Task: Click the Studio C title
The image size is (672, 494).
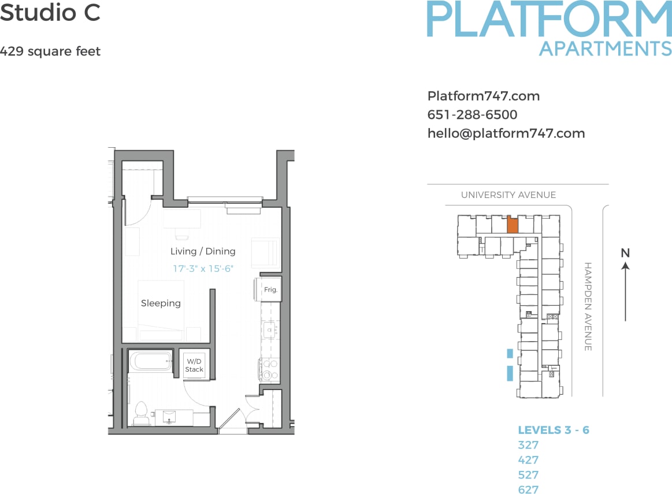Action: [x=50, y=13]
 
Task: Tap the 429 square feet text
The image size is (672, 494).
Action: [x=50, y=51]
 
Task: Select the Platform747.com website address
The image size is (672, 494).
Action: [x=484, y=96]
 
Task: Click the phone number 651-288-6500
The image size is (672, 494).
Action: [x=472, y=115]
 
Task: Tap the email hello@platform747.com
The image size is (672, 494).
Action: [x=506, y=133]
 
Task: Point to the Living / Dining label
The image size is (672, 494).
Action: [x=203, y=251]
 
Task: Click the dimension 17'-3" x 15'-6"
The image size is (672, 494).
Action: [x=203, y=268]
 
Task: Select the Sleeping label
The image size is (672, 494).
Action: [x=161, y=303]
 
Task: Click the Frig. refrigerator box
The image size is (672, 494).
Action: [x=270, y=290]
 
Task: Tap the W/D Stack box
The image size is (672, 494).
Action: [x=194, y=365]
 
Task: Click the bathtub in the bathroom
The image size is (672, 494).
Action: [x=150, y=362]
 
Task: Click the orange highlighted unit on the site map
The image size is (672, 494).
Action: [x=513, y=225]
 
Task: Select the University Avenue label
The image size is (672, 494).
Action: [x=508, y=195]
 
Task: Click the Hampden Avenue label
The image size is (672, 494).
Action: [x=588, y=306]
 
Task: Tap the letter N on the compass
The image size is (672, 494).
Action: [x=625, y=253]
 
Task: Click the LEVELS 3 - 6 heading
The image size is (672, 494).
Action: [x=554, y=430]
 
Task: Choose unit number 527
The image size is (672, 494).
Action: [x=528, y=475]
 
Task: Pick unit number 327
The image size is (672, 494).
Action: [x=528, y=445]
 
